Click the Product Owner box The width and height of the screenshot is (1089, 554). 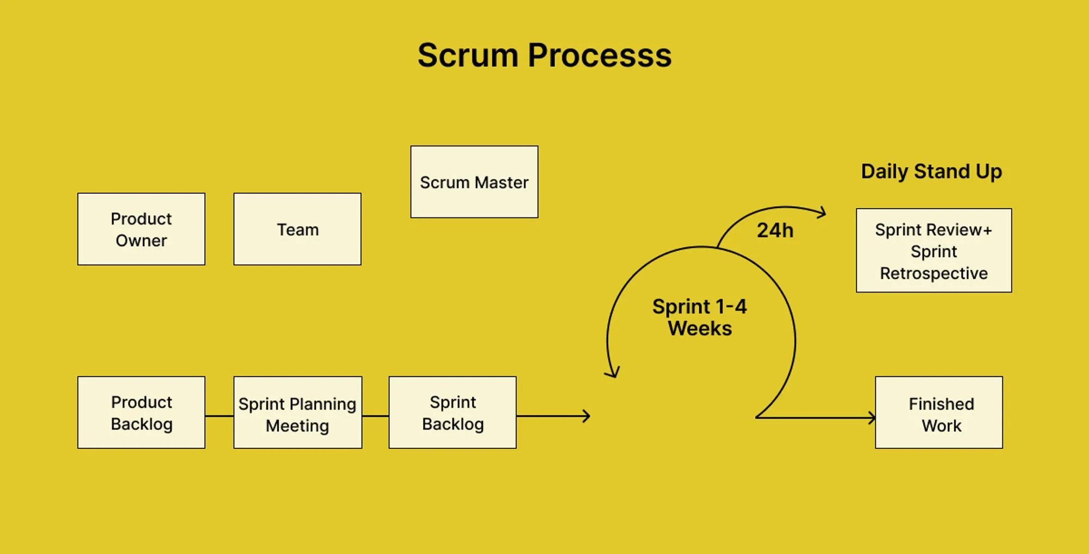(141, 229)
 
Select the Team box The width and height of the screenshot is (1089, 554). (297, 229)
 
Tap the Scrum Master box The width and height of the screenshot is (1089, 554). (474, 182)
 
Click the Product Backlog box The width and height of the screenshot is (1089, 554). (141, 412)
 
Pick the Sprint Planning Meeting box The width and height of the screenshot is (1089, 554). (297, 412)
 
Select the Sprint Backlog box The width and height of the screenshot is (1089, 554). (452, 412)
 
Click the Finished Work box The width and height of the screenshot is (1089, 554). (939, 412)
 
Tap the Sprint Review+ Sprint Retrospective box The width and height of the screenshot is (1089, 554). (934, 251)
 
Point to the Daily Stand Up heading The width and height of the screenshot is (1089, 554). (931, 172)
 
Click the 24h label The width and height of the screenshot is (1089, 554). (775, 230)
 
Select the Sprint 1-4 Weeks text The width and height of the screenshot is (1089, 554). (700, 318)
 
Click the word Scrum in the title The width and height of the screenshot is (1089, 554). (467, 56)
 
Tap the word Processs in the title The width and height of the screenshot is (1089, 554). (599, 56)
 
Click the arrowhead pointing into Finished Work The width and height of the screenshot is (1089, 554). (872, 418)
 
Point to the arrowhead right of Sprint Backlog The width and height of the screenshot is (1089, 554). (586, 416)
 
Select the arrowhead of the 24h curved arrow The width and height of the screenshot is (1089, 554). (823, 212)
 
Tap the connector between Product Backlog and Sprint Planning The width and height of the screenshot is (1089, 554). (219, 416)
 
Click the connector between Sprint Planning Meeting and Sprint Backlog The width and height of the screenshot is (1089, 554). (375, 416)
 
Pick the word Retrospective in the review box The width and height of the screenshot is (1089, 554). (934, 273)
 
